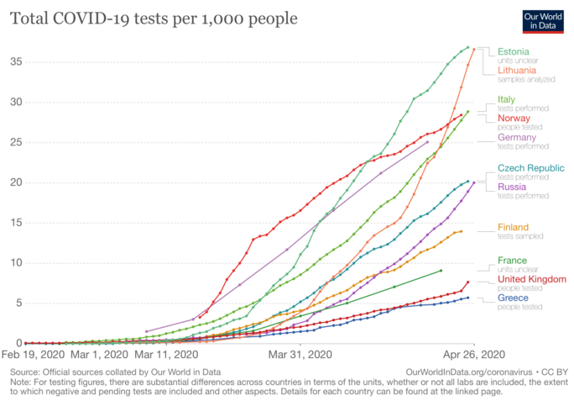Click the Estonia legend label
pos(513,51)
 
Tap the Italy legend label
pos(506,99)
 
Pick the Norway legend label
pos(514,119)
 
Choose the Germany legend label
pos(517,137)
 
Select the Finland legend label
pos(513,227)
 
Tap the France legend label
pos(512,261)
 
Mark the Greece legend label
pos(512,298)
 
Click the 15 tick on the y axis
pos(16,223)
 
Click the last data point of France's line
pos(441,271)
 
